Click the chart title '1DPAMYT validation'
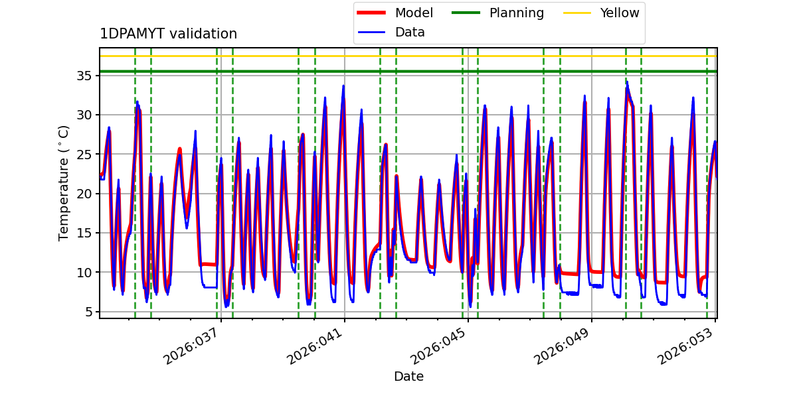168,34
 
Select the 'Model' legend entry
414,13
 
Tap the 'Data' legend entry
410,32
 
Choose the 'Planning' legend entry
516,13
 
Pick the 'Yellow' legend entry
619,13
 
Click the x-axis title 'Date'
408,377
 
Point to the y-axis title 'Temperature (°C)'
64,182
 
